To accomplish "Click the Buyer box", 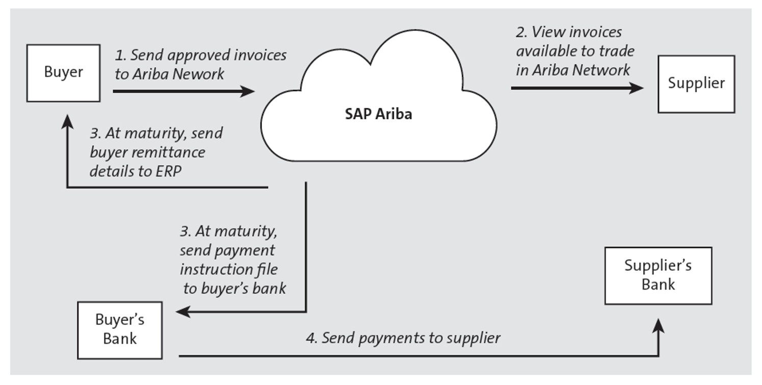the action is pyautogui.click(x=63, y=73).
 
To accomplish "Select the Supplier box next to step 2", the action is pyautogui.click(x=696, y=84).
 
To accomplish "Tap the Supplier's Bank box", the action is pyautogui.click(x=658, y=276).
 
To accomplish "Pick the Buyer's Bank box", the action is pyautogui.click(x=120, y=330).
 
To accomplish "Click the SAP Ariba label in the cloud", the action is pyautogui.click(x=378, y=114).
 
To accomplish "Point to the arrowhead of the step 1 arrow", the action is pyautogui.click(x=248, y=91).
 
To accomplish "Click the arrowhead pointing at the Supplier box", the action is pyautogui.click(x=636, y=88).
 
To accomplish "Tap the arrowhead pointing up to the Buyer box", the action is pyautogui.click(x=67, y=121).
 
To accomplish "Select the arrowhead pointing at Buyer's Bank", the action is pyautogui.click(x=183, y=312).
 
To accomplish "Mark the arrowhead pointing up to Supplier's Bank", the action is pyautogui.click(x=659, y=326).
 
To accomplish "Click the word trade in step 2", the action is pyautogui.click(x=616, y=51).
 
